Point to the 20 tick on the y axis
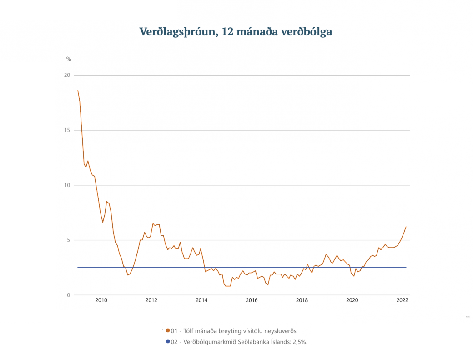click(x=67, y=75)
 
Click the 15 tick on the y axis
click(x=67, y=130)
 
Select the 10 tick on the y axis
click(x=67, y=185)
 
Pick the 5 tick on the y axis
click(x=69, y=240)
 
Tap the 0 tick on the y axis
click(x=69, y=295)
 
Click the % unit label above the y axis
click(x=69, y=59)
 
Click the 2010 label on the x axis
click(x=101, y=300)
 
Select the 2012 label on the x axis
click(x=151, y=300)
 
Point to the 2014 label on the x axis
click(x=201, y=300)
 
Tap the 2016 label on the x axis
click(x=252, y=300)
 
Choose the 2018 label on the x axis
click(x=302, y=300)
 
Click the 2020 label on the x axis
click(x=352, y=300)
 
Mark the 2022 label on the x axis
click(x=402, y=300)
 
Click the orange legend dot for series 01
click(x=168, y=331)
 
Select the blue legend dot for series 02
click(x=168, y=341)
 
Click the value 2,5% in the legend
click(x=298, y=341)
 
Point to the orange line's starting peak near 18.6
click(x=78, y=91)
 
